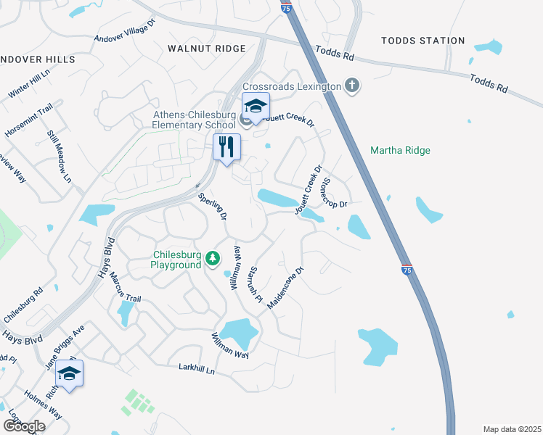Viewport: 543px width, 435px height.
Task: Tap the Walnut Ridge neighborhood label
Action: point(207,48)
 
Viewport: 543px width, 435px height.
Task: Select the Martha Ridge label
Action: point(400,151)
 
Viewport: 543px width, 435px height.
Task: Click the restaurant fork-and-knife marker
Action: point(226,148)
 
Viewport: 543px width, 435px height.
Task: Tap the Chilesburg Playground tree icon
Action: point(213,257)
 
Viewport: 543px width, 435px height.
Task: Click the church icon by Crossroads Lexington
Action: point(351,86)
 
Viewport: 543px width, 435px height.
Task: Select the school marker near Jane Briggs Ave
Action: point(70,374)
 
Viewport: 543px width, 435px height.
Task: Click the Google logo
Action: point(23,426)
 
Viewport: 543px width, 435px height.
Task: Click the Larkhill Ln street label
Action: point(197,369)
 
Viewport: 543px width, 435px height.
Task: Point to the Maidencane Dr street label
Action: point(285,288)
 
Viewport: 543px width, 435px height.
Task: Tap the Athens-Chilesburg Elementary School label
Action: point(195,120)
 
